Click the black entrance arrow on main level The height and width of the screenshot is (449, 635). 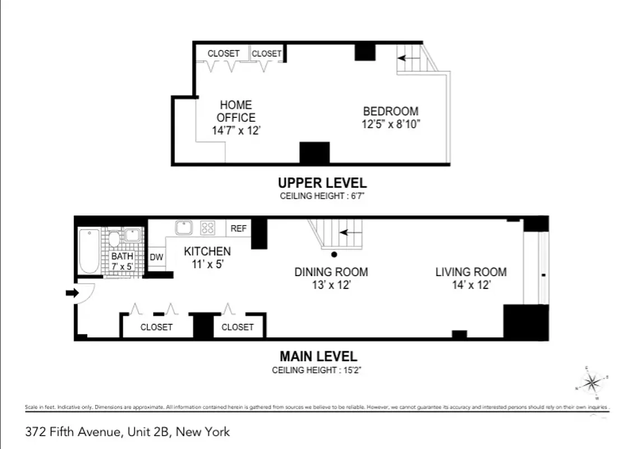coord(72,292)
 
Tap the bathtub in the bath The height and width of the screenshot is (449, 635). coord(89,251)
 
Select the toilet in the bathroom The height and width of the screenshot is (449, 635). coord(114,240)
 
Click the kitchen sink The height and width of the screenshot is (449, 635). coord(184,227)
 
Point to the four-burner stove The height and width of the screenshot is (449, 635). coord(208,227)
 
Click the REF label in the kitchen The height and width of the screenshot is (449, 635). coord(238,228)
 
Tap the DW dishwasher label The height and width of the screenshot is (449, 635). coord(156,257)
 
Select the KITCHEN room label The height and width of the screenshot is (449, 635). coord(207,251)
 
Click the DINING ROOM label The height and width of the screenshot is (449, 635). coord(331,272)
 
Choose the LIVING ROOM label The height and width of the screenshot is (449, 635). coord(471,272)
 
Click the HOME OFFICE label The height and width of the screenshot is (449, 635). coord(236,111)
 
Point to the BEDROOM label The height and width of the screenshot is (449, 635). coord(391,111)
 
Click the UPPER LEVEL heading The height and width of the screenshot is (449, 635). coord(322,183)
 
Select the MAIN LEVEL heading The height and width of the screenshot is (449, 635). coord(318,356)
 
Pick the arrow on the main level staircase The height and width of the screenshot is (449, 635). coord(351,232)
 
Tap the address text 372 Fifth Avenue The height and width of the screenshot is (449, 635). coord(73,432)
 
